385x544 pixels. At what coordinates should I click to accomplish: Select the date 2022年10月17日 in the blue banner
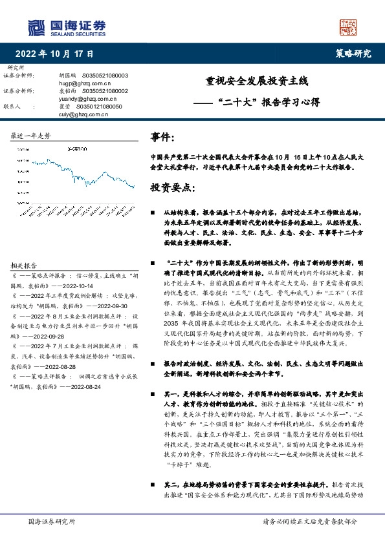pos(54,54)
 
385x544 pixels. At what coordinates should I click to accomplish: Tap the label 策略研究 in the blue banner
pos(353,54)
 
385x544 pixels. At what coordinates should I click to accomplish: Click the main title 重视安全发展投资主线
pos(257,82)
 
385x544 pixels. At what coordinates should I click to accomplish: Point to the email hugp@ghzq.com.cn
pos(81,83)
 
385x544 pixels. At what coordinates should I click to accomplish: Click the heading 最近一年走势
pos(30,136)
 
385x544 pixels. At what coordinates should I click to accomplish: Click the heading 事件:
pos(162,137)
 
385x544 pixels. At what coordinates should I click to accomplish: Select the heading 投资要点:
pos(172,187)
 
